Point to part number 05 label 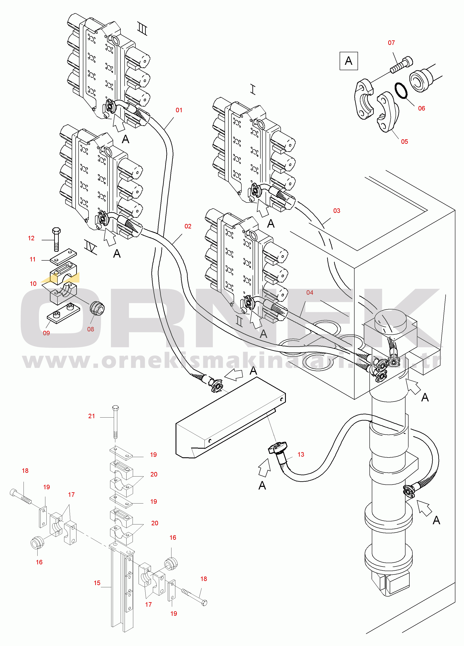[x=404, y=142]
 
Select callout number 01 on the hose [x=179, y=110]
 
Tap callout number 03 [x=336, y=211]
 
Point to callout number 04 [x=309, y=293]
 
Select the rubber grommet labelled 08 [x=97, y=309]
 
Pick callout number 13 [x=301, y=454]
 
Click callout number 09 [x=46, y=333]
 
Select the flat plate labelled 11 [x=63, y=256]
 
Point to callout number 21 [x=91, y=416]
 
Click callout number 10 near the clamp [x=33, y=284]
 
